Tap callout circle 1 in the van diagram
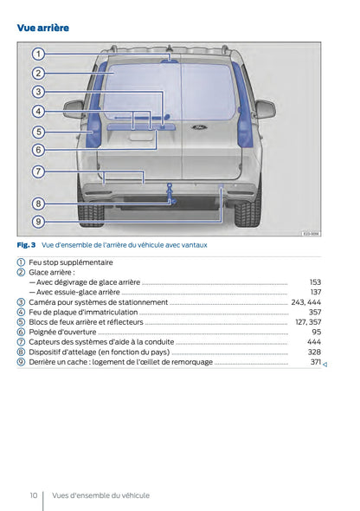click(x=39, y=54)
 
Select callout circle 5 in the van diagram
click(x=39, y=132)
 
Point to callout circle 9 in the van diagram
click(x=39, y=222)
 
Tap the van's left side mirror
click(x=74, y=109)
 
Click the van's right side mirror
click(x=265, y=109)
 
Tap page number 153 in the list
click(x=315, y=282)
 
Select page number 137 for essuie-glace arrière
click(x=315, y=292)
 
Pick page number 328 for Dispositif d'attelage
click(x=314, y=353)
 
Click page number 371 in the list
click(x=315, y=362)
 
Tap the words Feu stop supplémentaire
click(x=70, y=262)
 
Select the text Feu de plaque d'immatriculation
click(x=83, y=312)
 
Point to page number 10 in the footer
click(x=33, y=495)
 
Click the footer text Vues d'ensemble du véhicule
click(x=100, y=495)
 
